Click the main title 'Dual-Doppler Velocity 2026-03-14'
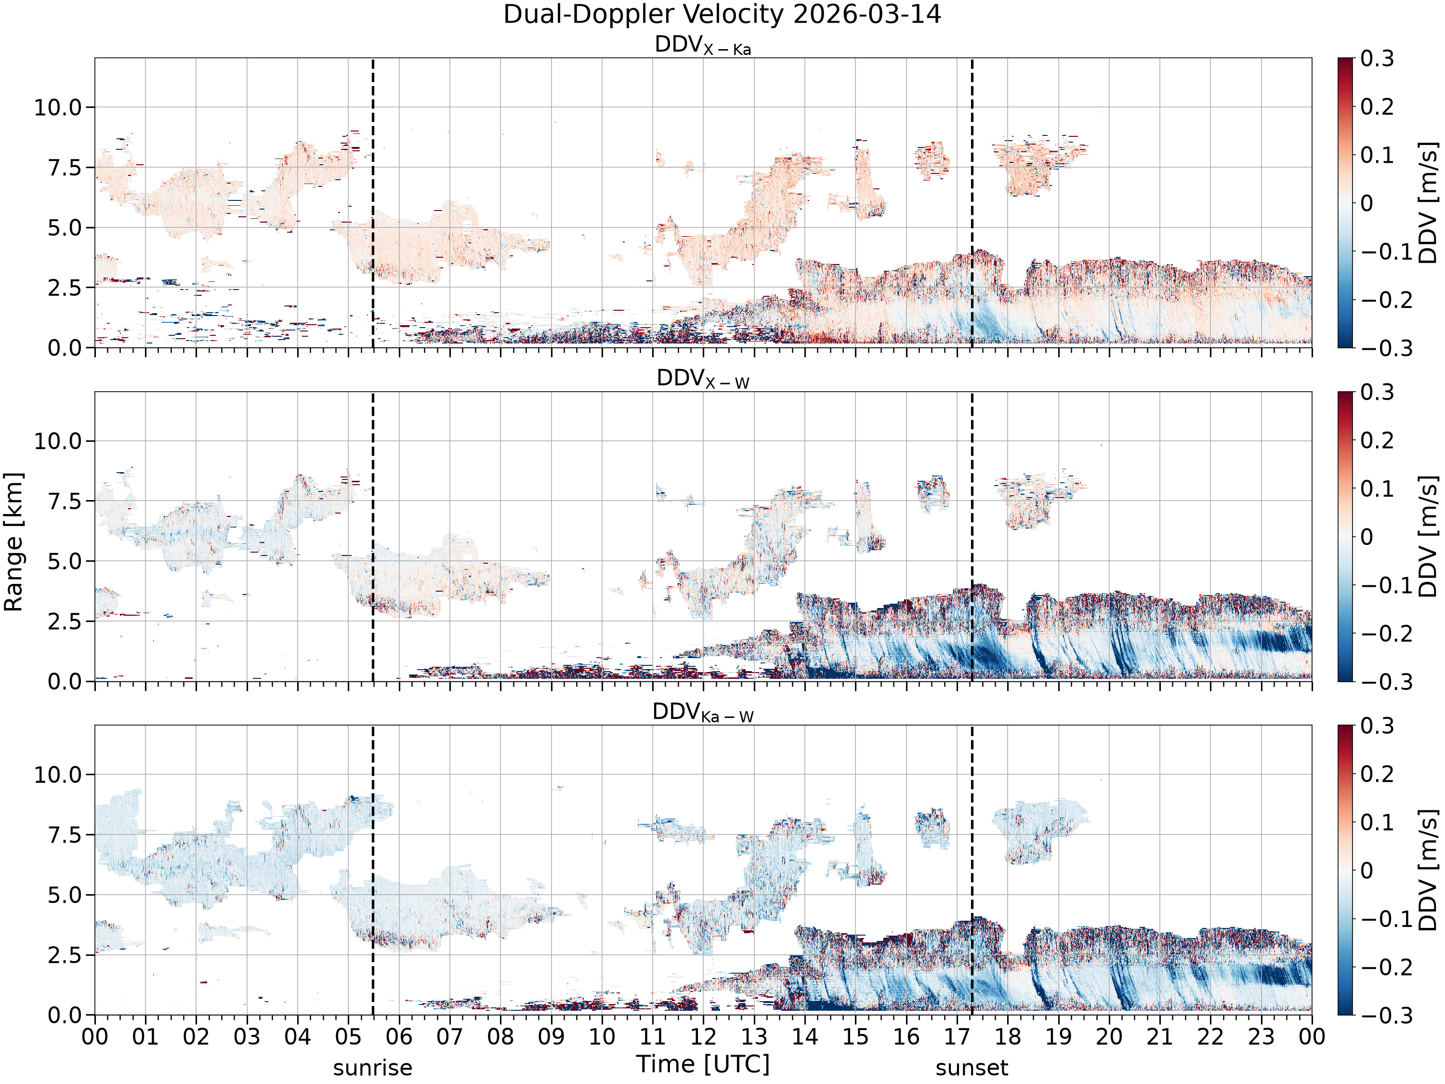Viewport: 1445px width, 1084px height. [x=722, y=14]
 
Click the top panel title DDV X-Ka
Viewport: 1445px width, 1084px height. [x=703, y=46]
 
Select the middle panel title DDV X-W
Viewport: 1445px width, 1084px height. [x=703, y=379]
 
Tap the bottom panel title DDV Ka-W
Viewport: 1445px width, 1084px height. [x=703, y=713]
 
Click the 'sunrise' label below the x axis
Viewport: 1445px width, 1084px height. [x=372, y=1068]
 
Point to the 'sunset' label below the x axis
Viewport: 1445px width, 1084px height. [x=972, y=1068]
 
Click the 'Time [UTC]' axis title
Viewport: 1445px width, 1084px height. [x=703, y=1064]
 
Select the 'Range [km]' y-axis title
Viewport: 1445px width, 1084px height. [x=13, y=542]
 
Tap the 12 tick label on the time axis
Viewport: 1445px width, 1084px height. [x=704, y=1037]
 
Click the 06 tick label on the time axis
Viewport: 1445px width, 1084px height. [x=399, y=1037]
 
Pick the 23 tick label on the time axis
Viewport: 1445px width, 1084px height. [x=1261, y=1037]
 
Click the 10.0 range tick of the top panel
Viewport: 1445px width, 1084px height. [x=59, y=107]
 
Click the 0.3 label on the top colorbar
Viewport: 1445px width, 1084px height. [x=1377, y=58]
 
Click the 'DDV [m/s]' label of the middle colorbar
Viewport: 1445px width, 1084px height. [x=1429, y=536]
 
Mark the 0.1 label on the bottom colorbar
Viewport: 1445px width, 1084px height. [x=1377, y=822]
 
